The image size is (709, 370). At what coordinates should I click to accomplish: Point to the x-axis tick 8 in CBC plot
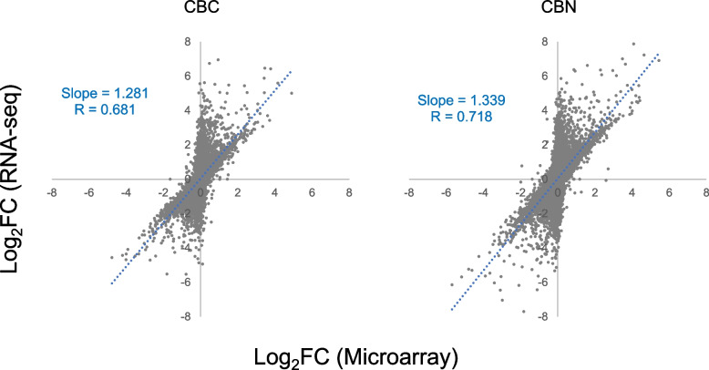pyautogui.click(x=349, y=192)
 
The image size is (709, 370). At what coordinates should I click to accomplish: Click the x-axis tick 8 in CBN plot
pyautogui.click(x=704, y=192)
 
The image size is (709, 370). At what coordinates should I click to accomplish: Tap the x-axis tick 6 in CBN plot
pyautogui.click(x=667, y=192)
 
